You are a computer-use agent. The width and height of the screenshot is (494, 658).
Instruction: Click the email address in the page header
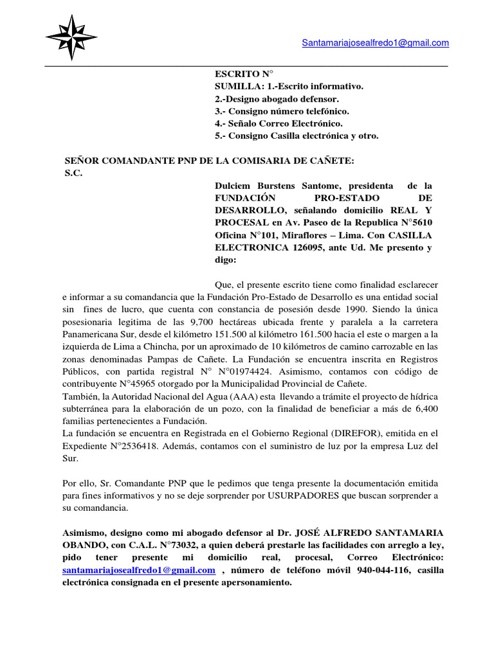tap(375, 42)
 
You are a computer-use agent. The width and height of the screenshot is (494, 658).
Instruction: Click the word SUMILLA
tap(235, 87)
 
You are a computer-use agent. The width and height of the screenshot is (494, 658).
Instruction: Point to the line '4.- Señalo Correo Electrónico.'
tap(279, 123)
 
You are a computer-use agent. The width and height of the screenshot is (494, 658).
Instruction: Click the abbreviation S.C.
tap(74, 172)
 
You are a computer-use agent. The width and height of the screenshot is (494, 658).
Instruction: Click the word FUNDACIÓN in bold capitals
tap(244, 197)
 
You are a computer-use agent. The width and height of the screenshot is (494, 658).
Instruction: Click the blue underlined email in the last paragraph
tap(138, 570)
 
